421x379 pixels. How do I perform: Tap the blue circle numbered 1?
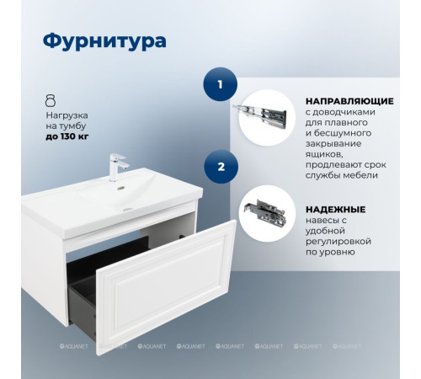(x=221, y=84)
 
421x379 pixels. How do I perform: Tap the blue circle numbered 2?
(x=221, y=166)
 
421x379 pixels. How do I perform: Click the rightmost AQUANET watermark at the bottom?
(x=349, y=345)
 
